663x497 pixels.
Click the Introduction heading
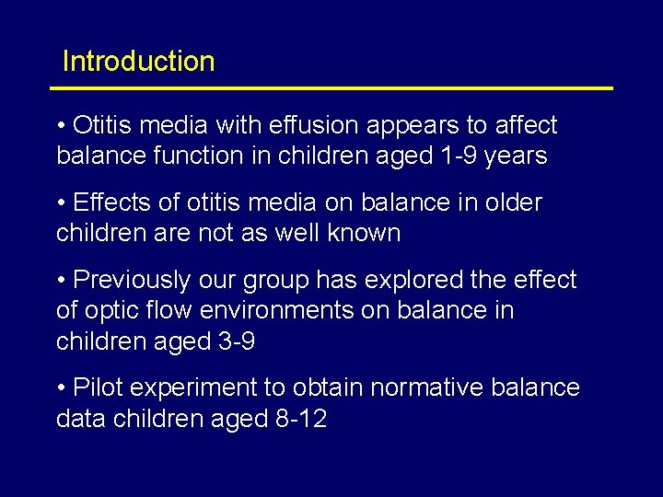[x=138, y=62]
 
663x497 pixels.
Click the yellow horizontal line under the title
[x=331, y=88]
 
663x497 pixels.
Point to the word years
[x=517, y=156]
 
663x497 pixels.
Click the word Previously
[x=139, y=280]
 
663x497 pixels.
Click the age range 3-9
[x=234, y=342]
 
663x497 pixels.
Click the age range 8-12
[x=301, y=420]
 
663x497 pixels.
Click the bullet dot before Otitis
[x=61, y=125]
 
